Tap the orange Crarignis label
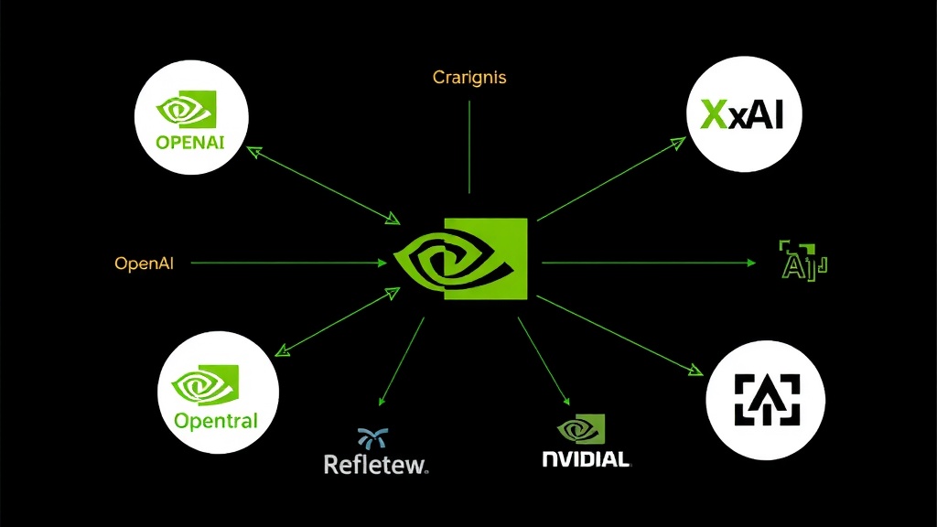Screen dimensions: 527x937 tap(468, 78)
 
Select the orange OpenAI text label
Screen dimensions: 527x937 tap(145, 263)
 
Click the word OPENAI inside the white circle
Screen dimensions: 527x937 tap(190, 143)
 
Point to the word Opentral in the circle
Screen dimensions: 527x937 tap(216, 422)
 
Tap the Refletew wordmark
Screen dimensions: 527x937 tap(376, 464)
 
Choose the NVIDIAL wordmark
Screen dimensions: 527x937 tap(586, 458)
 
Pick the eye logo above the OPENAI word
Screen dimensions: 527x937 tap(187, 111)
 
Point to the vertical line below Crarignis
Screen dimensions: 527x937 tap(468, 146)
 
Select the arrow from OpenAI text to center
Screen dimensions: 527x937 tap(288, 263)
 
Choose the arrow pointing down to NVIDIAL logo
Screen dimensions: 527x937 tap(544, 361)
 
